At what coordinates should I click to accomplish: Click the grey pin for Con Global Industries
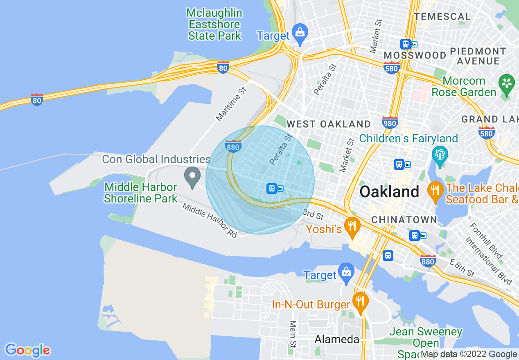(x=192, y=178)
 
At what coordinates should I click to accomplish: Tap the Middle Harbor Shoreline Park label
(x=140, y=193)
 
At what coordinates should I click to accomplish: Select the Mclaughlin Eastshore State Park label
(x=214, y=24)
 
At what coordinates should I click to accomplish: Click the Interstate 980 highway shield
(x=390, y=122)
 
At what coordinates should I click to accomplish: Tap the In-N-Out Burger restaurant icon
(x=360, y=302)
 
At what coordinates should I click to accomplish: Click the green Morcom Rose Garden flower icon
(x=507, y=84)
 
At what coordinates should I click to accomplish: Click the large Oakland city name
(x=389, y=191)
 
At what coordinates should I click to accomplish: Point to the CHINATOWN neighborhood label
(x=404, y=220)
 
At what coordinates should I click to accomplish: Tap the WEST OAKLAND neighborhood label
(x=328, y=124)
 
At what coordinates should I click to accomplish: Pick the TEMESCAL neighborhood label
(x=442, y=17)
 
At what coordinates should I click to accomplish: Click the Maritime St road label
(x=232, y=104)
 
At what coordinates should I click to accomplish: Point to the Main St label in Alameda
(x=293, y=332)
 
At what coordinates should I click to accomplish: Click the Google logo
(x=28, y=350)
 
